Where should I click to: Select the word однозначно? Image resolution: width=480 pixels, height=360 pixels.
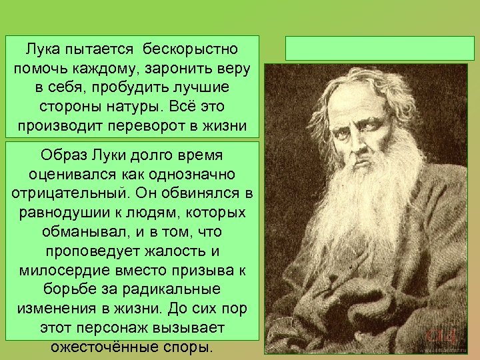pyautogui.click(x=179, y=174)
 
